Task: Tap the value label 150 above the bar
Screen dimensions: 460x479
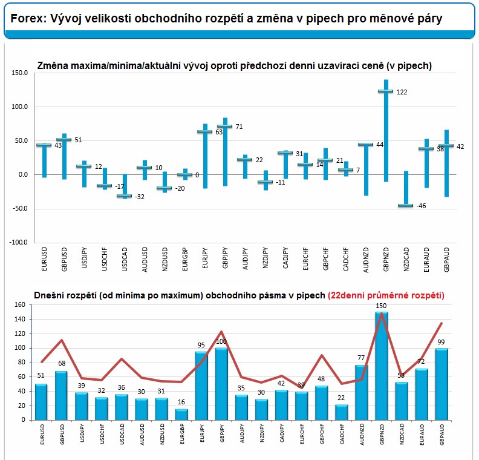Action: click(x=381, y=306)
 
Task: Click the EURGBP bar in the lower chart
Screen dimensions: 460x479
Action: click(x=181, y=414)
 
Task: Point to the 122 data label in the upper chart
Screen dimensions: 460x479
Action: click(x=402, y=92)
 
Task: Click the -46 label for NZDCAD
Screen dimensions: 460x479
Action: click(x=421, y=206)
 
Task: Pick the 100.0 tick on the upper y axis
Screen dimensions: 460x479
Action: click(x=20, y=107)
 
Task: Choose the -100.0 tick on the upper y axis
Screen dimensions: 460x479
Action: click(x=19, y=243)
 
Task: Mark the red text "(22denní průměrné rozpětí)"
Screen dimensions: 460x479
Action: click(x=386, y=295)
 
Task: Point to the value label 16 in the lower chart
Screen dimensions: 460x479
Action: click(x=181, y=403)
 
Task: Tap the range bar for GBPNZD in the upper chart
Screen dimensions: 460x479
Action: click(x=386, y=130)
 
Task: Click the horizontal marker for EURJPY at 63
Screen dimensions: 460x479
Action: click(x=205, y=131)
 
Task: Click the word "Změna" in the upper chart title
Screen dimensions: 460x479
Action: click(x=54, y=65)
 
